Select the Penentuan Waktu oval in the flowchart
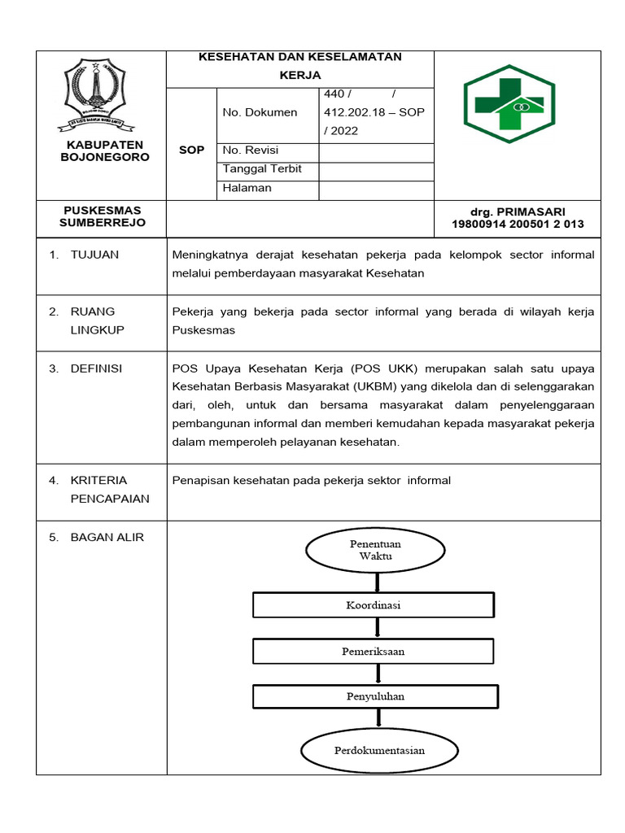(x=375, y=550)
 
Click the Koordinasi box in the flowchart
(x=373, y=605)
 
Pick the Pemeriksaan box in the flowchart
(x=373, y=652)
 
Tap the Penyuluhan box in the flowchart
(x=375, y=696)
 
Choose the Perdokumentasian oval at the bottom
(x=379, y=750)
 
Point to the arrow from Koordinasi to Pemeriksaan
(x=375, y=628)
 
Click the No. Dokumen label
(x=260, y=112)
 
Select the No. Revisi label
(x=251, y=150)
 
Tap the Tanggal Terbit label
(x=262, y=169)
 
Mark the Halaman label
(x=247, y=188)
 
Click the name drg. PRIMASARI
(x=518, y=212)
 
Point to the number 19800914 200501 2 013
(x=518, y=225)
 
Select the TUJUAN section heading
(x=94, y=255)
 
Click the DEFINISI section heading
(x=96, y=369)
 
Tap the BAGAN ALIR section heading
(x=107, y=537)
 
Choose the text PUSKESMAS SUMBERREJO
(x=102, y=216)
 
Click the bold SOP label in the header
(x=191, y=150)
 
